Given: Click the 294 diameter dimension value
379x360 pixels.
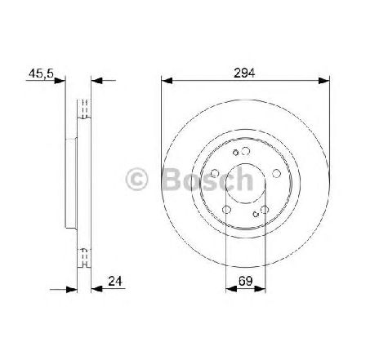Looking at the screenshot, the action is coord(244,73).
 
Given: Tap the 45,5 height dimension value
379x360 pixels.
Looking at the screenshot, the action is coord(41,73).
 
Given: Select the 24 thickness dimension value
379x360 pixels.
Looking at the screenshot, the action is coord(115,281).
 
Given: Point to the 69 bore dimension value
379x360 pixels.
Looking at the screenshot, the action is coord(245,281).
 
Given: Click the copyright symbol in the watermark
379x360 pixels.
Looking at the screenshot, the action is coord(136,179).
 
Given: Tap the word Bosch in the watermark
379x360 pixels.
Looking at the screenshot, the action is coord(207,179).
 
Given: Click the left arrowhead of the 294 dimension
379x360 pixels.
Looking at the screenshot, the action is coord(167,81).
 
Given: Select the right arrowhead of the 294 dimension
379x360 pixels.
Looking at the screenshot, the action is coord(324,81).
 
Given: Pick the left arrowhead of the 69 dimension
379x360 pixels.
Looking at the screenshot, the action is coord(231,289).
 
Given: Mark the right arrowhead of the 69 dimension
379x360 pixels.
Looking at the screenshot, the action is coord(260,289).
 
